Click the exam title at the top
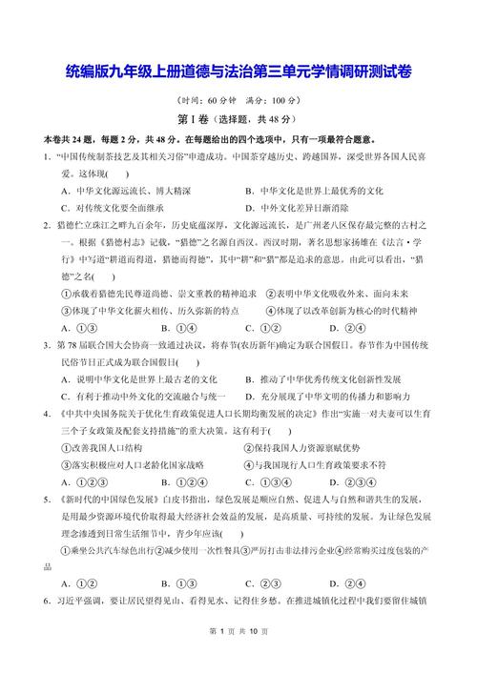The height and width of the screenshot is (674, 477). point(239,71)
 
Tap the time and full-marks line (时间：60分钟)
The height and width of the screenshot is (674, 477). point(238,100)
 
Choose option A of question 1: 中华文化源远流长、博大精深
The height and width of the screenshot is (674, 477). point(124,191)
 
